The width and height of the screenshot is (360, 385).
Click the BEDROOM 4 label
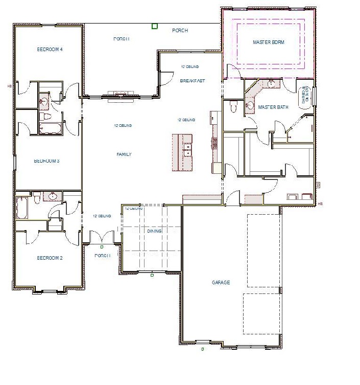click(50, 50)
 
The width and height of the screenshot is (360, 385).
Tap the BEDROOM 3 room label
click(46, 161)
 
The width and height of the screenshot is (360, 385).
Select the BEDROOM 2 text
click(50, 258)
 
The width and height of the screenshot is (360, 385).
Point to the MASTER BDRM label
click(268, 42)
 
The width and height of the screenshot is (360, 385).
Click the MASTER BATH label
click(273, 107)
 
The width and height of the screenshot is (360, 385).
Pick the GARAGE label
click(221, 283)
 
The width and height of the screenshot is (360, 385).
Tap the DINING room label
click(154, 231)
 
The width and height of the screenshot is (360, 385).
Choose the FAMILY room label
click(124, 154)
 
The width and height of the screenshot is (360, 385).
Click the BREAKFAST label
click(192, 81)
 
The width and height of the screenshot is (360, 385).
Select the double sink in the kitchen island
click(187, 150)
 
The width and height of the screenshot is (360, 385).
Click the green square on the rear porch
click(155, 26)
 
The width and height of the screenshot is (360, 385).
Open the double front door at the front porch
click(102, 237)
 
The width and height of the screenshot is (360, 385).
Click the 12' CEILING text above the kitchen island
click(186, 120)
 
